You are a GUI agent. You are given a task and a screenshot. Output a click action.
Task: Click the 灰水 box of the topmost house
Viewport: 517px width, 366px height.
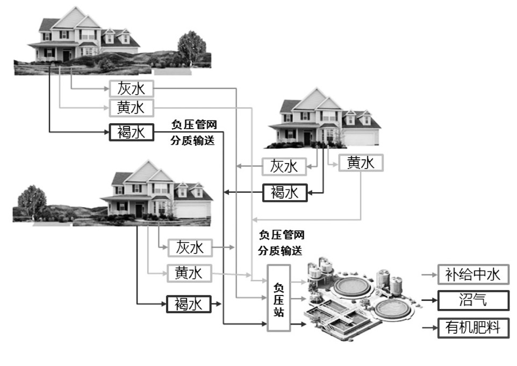132,89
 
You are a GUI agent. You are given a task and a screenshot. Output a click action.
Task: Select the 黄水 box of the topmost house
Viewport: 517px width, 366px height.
132,108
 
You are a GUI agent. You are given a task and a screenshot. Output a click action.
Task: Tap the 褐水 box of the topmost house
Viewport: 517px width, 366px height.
132,132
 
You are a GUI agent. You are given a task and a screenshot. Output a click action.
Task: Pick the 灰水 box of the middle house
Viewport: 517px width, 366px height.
284,166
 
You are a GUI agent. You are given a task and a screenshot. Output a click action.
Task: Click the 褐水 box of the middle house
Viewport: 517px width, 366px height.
284,192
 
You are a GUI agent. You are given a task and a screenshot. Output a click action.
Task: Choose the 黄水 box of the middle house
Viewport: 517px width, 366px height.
361,163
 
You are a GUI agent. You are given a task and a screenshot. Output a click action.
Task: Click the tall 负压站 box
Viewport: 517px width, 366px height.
278,298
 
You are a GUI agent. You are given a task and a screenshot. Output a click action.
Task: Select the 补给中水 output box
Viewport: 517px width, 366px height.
473,274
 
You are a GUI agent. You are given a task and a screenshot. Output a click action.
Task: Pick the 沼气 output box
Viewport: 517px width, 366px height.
473,300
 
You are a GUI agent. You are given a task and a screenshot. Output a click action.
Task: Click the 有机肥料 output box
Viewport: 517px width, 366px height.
473,327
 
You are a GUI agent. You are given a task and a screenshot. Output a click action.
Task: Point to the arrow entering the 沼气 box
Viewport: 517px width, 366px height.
429,300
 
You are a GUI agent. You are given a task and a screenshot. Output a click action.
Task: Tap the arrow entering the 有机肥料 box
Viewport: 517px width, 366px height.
429,327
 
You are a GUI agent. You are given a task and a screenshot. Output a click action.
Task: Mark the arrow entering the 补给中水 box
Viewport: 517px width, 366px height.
429,274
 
